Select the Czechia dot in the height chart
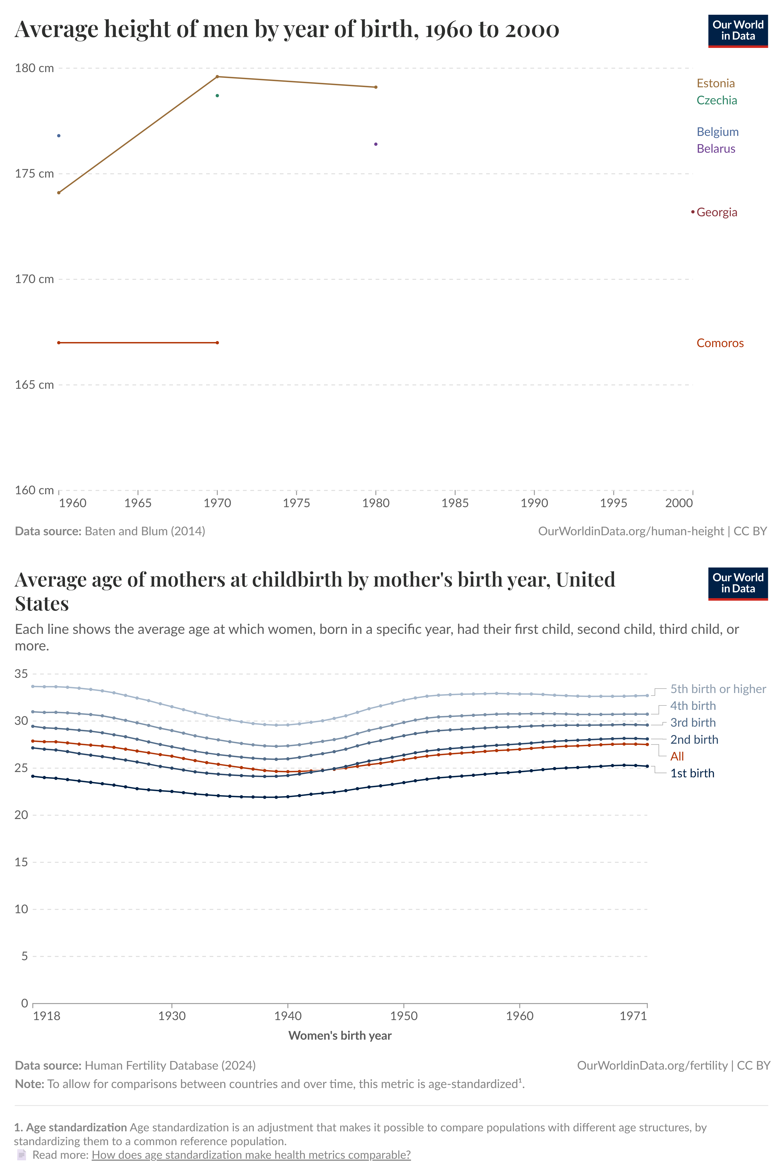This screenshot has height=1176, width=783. click(x=217, y=95)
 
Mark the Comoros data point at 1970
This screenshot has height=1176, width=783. click(x=217, y=342)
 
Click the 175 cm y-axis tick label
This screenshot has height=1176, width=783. click(x=34, y=174)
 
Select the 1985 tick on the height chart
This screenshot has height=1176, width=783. click(x=455, y=503)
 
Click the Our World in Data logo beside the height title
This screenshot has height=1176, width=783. click(x=738, y=31)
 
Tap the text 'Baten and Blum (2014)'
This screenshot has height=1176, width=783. click(x=145, y=531)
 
